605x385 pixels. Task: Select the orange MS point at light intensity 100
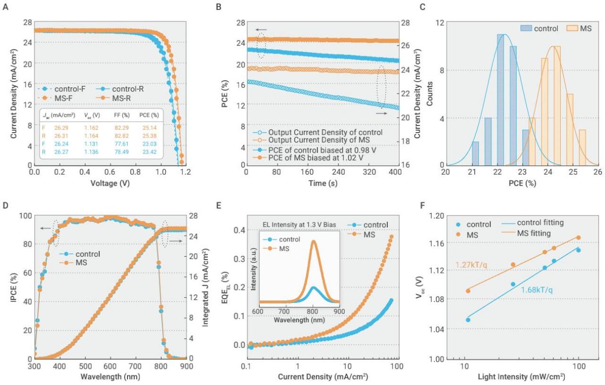tap(578, 237)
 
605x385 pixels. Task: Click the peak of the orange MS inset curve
tap(313, 241)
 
